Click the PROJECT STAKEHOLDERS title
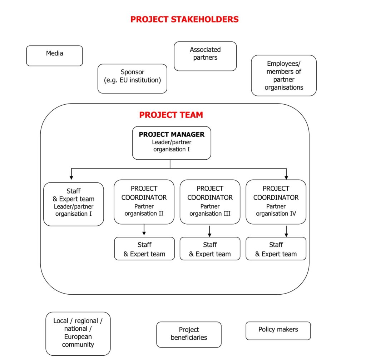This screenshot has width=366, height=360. [x=184, y=19]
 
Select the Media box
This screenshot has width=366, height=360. [x=54, y=56]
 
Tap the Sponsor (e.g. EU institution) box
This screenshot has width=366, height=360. [x=132, y=79]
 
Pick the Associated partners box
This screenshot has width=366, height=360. [x=205, y=56]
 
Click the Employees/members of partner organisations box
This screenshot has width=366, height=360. [x=284, y=75]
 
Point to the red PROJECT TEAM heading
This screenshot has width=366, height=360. [x=171, y=115]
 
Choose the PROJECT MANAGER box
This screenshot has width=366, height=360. [x=172, y=142]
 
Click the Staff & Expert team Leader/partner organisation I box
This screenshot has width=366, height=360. [x=74, y=204]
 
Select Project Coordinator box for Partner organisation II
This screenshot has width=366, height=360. [x=144, y=202]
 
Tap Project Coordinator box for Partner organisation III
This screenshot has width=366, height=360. [x=210, y=202]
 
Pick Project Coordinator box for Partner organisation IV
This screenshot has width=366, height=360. [x=276, y=202]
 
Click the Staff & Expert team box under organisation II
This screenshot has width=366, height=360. [x=144, y=249]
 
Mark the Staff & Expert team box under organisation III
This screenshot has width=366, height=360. [x=210, y=249]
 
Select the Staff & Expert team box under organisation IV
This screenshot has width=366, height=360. [x=276, y=249]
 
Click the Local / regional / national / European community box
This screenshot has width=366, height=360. [x=78, y=334]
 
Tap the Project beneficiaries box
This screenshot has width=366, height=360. [x=189, y=334]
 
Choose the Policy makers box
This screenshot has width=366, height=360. [x=278, y=330]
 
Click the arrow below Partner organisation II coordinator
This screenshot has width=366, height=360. [x=144, y=230]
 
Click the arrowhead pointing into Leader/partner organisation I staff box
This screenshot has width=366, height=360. [x=71, y=177]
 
